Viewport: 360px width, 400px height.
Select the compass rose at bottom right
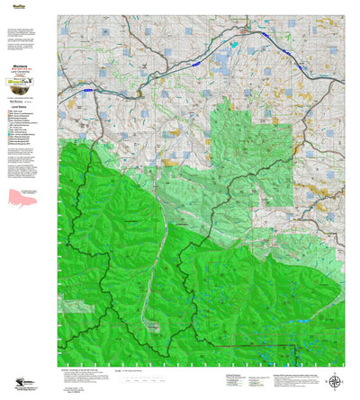tap(335, 382)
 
